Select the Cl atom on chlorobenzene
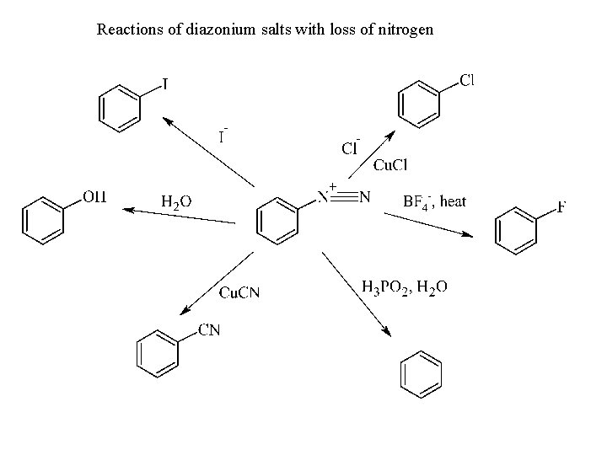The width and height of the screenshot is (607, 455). (467, 81)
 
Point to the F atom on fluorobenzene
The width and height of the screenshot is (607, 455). (561, 206)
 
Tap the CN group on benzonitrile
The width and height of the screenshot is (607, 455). (209, 329)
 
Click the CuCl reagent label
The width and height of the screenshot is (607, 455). (390, 164)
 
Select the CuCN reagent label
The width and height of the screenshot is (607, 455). (239, 292)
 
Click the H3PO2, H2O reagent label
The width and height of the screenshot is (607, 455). (405, 287)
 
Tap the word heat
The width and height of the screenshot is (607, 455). (453, 201)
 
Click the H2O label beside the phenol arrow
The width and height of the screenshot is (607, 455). (175, 201)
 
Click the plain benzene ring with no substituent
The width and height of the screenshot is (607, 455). (419, 372)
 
